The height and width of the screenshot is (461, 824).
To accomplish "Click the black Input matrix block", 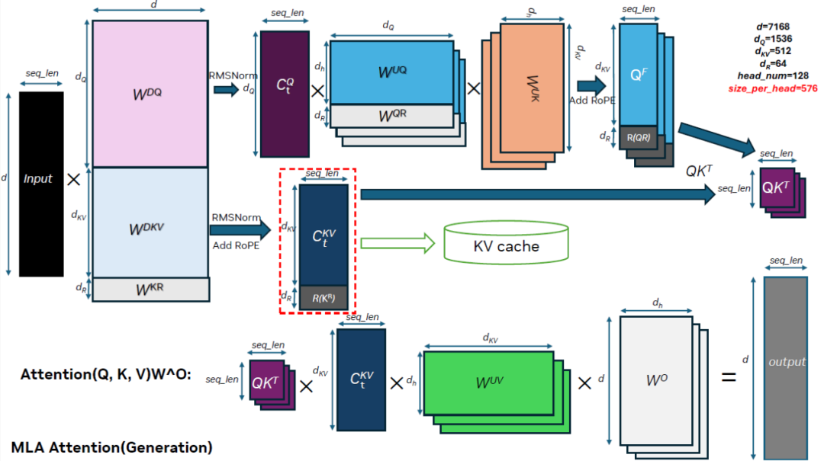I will tap(41, 184).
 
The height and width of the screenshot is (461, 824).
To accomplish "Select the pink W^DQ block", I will tap(150, 93).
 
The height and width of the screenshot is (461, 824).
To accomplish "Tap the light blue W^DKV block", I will tap(150, 222).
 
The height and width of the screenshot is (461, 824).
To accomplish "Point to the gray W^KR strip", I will tap(150, 290).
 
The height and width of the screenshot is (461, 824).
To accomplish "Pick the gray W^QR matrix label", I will tap(391, 115).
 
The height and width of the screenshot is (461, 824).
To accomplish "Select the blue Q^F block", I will tap(638, 74).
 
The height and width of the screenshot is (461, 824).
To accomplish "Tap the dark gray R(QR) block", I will tap(639, 138).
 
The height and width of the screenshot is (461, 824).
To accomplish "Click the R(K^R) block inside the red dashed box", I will tap(324, 297).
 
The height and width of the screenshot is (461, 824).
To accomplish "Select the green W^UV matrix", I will tap(489, 383).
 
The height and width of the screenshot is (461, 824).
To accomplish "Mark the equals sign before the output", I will tap(729, 376).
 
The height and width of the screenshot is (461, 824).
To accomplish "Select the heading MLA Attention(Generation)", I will tap(112, 447).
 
